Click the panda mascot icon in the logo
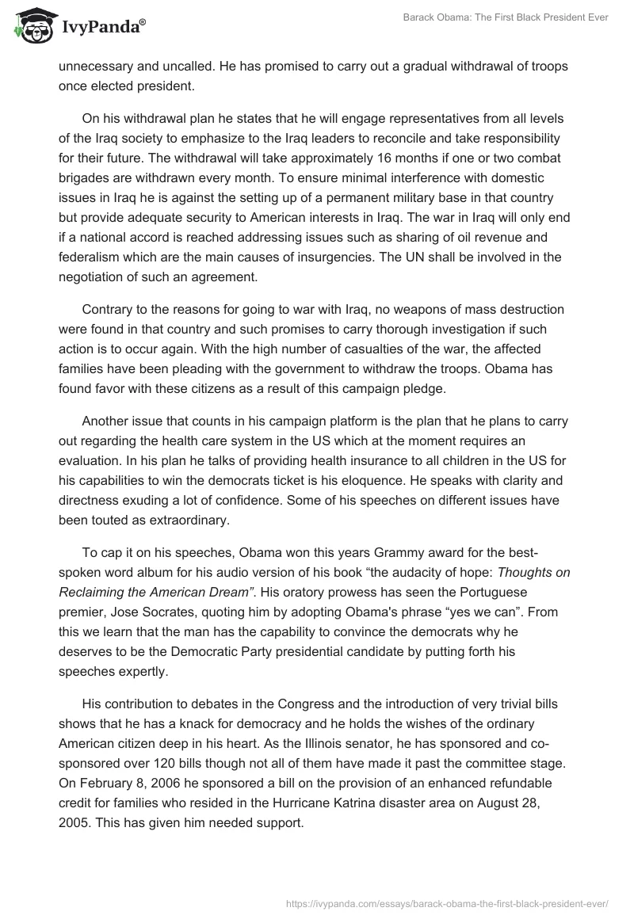(29, 26)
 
